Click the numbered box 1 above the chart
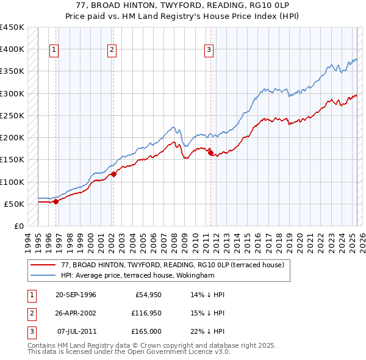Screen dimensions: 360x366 coord(54,50)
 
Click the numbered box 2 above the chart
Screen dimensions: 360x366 coord(112,50)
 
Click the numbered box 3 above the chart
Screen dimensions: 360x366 coord(209,50)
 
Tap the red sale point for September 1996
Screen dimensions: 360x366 coord(56,201)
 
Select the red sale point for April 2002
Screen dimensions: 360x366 coord(113,175)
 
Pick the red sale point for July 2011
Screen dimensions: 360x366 coord(210,153)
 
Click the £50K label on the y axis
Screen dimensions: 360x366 coord(14,204)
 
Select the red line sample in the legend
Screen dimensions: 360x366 coord(43,265)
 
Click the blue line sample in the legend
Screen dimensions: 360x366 coord(43,275)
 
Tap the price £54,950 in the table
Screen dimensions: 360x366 coord(147,295)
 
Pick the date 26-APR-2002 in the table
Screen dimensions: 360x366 coord(76,313)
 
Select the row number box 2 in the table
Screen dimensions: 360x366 coord(30,313)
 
